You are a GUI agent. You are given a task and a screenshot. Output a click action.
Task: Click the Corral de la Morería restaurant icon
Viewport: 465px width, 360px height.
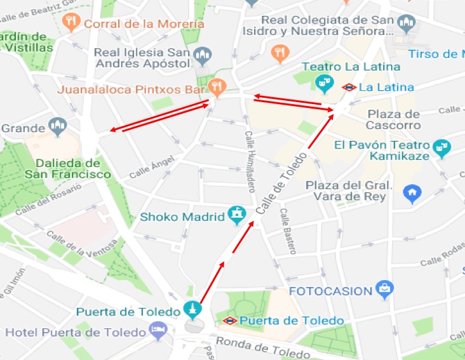(72, 23)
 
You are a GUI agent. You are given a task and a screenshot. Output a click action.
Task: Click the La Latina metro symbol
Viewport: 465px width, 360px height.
(348, 88)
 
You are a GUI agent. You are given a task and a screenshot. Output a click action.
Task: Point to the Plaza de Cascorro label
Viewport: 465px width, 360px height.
(393, 119)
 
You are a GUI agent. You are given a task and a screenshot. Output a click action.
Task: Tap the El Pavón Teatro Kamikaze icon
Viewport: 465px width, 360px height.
(440, 149)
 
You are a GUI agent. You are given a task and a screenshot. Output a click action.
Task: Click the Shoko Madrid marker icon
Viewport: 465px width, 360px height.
(236, 215)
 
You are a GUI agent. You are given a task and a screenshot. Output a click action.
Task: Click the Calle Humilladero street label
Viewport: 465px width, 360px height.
(249, 161)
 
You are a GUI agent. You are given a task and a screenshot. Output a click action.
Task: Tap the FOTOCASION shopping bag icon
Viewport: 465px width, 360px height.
(384, 290)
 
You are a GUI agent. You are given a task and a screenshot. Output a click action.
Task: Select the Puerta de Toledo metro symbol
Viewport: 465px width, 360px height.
(230, 321)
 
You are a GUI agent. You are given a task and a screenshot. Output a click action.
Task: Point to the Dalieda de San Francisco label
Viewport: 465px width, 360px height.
(68, 168)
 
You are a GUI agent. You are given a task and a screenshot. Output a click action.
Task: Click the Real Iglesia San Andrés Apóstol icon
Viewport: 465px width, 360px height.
(202, 56)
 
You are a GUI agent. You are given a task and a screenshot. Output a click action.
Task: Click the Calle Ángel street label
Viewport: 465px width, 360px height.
(151, 168)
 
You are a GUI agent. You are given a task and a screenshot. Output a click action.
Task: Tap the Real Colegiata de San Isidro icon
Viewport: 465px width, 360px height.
(406, 25)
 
